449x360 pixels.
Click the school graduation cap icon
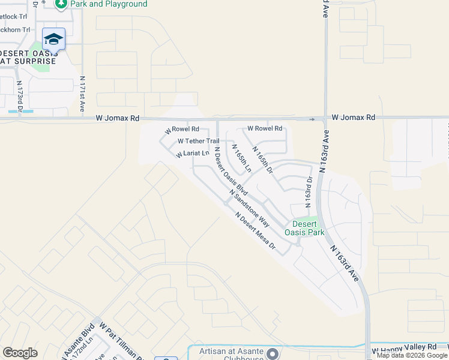(x=53, y=39)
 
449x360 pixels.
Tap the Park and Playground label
(x=108, y=4)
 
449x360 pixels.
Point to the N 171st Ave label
(x=82, y=95)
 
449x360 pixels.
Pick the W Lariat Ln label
(x=192, y=154)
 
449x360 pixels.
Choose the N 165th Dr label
(x=263, y=160)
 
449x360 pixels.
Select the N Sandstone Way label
(x=249, y=208)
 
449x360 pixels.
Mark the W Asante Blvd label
(x=88, y=340)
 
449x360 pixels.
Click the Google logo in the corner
(x=20, y=353)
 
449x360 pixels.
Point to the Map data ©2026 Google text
(x=412, y=356)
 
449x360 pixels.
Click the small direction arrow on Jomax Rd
(x=312, y=119)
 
